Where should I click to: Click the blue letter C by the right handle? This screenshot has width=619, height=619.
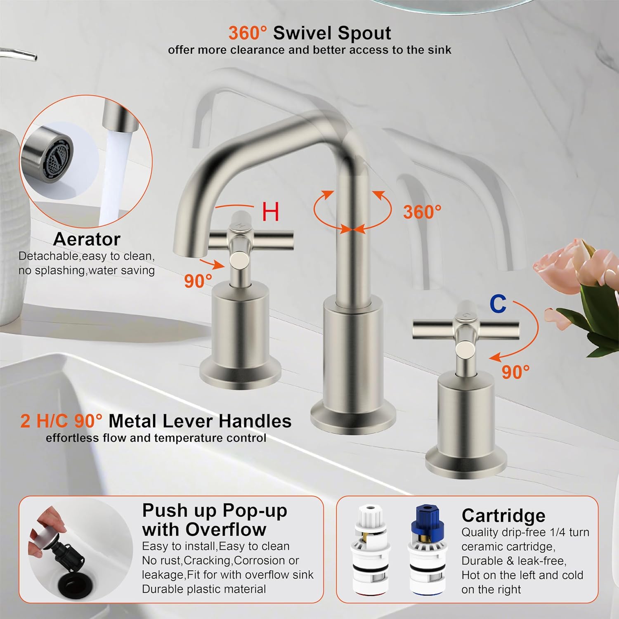pos(498,304)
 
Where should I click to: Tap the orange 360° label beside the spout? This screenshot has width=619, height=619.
pos(422,212)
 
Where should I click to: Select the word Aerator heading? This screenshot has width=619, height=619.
pos(87,239)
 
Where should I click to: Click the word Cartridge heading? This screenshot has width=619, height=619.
pos(503,516)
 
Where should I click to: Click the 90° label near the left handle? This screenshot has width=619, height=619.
pos(198,281)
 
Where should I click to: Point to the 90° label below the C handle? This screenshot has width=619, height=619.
pos(515,372)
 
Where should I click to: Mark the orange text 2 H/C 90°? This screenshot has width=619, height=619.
pos(61,421)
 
